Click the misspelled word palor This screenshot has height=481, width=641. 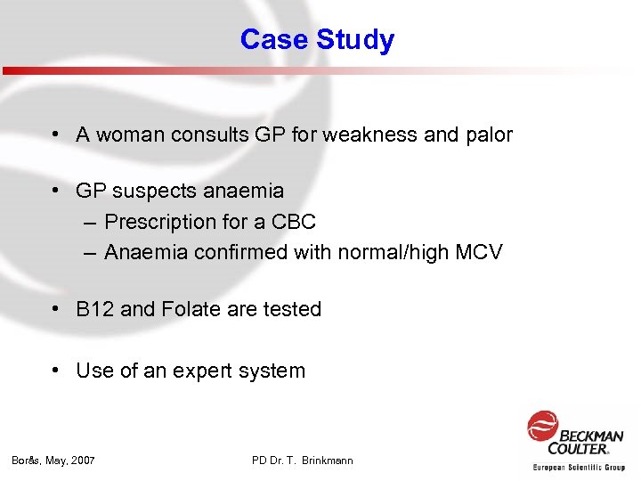(x=490, y=135)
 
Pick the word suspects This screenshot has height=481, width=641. (x=156, y=191)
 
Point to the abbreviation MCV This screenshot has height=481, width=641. (x=479, y=253)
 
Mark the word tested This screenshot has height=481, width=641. (x=291, y=310)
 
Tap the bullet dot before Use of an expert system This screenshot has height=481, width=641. (x=56, y=371)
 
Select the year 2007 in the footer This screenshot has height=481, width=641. (x=81, y=461)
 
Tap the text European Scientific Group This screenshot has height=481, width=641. (x=579, y=467)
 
